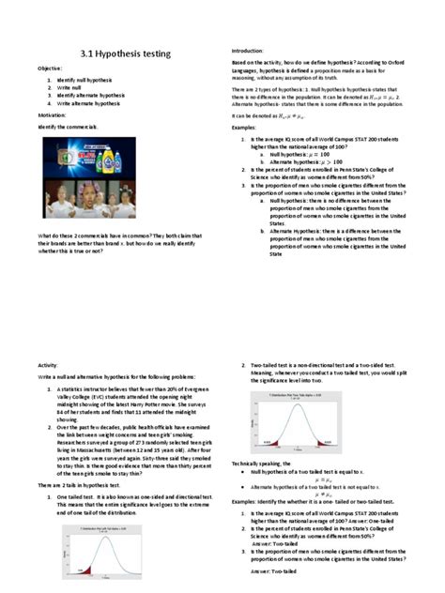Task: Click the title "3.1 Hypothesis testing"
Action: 126,54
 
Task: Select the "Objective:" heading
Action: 50,69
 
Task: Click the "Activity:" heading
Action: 48,364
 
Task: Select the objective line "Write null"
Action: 71,88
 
